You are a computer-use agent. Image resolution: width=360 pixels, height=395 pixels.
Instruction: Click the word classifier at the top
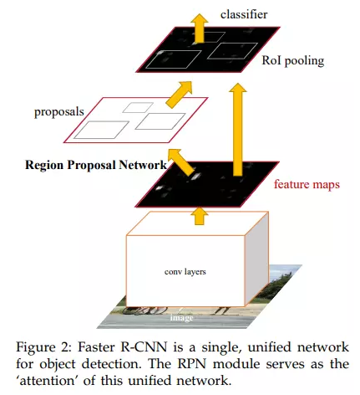(x=244, y=14)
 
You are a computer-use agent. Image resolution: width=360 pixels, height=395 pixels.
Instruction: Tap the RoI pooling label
(x=293, y=61)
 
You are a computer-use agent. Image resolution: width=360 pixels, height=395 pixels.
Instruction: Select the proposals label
(x=59, y=112)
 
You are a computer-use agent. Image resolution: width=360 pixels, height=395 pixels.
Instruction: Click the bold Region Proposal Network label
(x=96, y=165)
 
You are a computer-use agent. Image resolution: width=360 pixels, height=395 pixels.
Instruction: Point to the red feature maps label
(x=307, y=184)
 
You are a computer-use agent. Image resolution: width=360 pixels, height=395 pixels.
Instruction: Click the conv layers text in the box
(x=185, y=272)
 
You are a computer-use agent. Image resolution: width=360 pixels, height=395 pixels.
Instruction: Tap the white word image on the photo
(x=181, y=318)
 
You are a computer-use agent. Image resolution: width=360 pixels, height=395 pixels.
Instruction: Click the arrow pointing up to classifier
(x=199, y=28)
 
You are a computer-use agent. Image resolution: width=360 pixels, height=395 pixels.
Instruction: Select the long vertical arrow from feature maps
(x=237, y=129)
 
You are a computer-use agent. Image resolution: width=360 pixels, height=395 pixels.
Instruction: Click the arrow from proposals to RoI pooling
(x=180, y=94)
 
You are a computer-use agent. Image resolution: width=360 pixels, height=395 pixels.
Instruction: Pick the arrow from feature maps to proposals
(x=181, y=162)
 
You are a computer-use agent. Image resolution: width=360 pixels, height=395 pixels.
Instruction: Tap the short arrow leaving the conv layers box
(x=200, y=216)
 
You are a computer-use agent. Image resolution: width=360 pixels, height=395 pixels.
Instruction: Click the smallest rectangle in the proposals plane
(x=138, y=108)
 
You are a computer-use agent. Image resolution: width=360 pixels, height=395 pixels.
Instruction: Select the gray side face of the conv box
(x=256, y=259)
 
